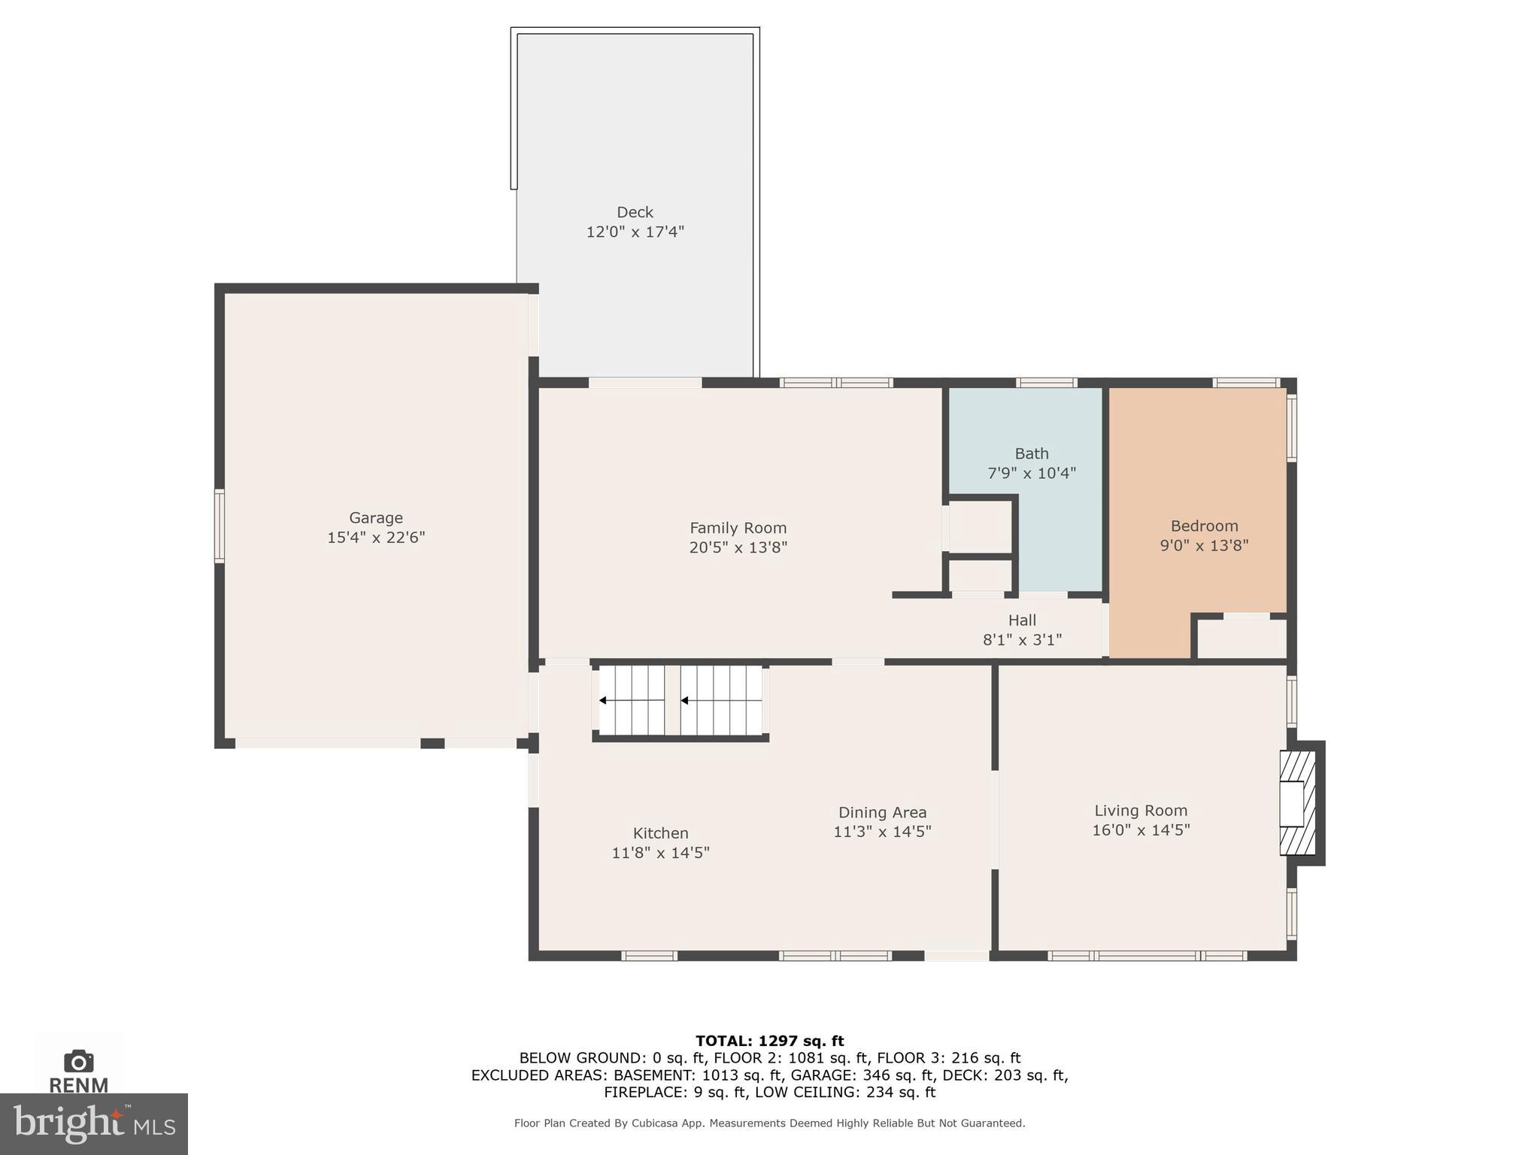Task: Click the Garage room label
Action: coord(375,517)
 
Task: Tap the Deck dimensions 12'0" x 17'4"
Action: coord(635,232)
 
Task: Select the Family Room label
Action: coord(738,528)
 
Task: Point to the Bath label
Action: coord(1031,453)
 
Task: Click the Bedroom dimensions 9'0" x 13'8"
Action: coord(1204,545)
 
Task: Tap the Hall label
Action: coord(1022,620)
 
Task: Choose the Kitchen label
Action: coord(660,833)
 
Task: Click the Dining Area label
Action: coord(882,812)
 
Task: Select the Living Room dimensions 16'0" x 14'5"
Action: coord(1141,830)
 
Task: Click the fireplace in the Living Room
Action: coord(1298,803)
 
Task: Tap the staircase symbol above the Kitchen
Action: coord(681,700)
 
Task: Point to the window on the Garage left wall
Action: coord(220,526)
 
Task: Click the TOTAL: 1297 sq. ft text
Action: coord(769,1041)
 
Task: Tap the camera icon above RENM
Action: coord(78,1062)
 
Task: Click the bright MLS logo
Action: coord(93,1123)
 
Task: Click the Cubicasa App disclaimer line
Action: coord(769,1123)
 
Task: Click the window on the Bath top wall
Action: coord(1046,383)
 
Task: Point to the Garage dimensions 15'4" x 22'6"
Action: coord(375,538)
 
